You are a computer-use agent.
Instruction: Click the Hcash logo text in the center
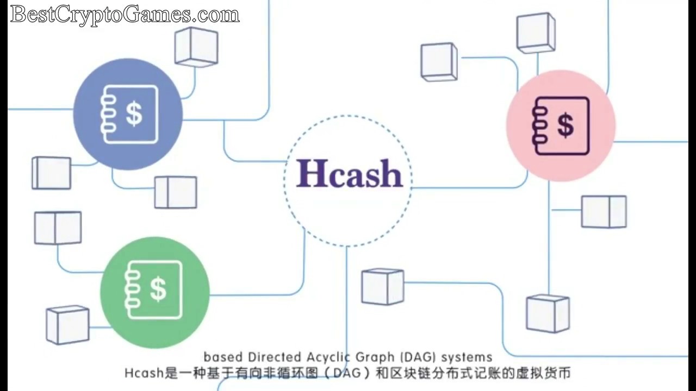(349, 173)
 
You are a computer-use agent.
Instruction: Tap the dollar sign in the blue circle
(134, 114)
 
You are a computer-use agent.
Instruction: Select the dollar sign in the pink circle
(565, 125)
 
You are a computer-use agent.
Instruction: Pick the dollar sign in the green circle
(158, 289)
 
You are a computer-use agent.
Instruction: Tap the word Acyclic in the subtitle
(326, 357)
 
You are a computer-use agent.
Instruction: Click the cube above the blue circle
(196, 47)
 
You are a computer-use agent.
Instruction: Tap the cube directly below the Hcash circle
(383, 286)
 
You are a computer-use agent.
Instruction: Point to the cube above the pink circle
(536, 33)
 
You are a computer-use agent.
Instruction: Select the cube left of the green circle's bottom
(67, 324)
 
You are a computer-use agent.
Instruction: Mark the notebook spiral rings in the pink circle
(539, 125)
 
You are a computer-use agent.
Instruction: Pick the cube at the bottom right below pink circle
(548, 313)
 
